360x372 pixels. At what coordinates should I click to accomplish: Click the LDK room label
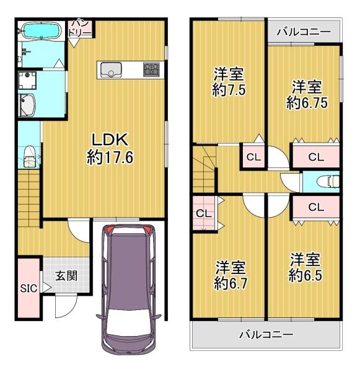[110, 139]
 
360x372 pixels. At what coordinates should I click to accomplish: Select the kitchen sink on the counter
[111, 70]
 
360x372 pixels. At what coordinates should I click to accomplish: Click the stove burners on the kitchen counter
[151, 69]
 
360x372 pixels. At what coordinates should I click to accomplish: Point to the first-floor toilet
[30, 156]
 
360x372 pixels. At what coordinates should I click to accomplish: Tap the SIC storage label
[29, 288]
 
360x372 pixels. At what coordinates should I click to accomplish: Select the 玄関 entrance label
[66, 276]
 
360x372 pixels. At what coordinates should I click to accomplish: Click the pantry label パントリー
[79, 29]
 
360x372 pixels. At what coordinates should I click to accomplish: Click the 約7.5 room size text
[229, 90]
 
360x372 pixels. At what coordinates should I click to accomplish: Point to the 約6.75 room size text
[307, 103]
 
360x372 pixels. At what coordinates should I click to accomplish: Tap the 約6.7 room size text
[230, 283]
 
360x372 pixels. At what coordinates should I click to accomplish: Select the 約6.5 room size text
[305, 275]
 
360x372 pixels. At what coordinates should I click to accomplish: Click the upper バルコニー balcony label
[304, 32]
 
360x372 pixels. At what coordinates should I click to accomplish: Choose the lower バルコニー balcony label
[266, 335]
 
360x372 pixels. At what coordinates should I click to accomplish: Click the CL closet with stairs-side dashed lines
[204, 213]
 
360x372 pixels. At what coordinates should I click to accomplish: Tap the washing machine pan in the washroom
[27, 81]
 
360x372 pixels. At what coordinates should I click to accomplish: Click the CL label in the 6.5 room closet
[316, 207]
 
